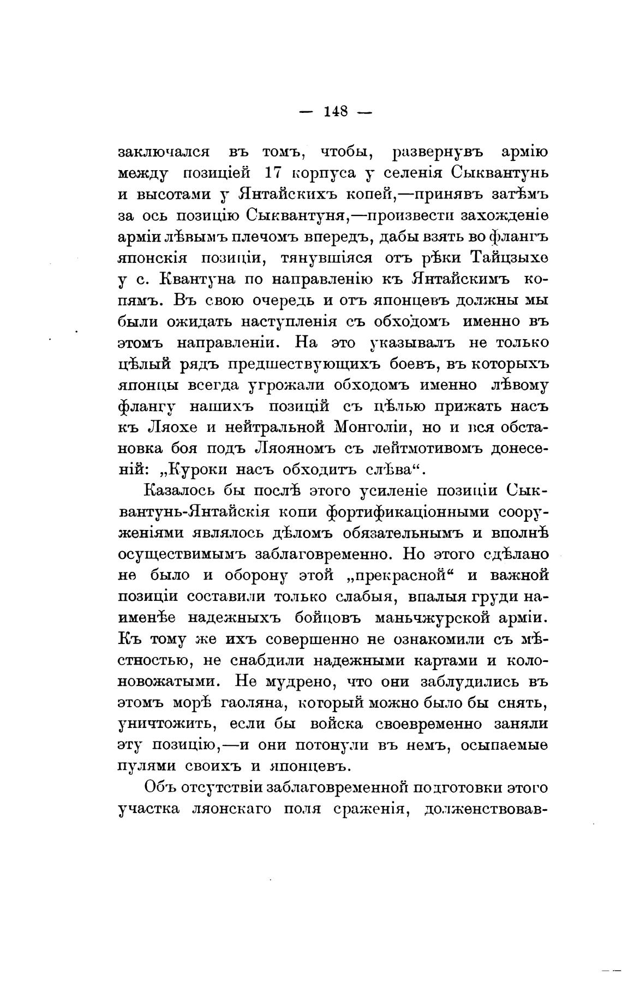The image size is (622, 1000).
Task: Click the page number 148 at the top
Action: [x=336, y=111]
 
